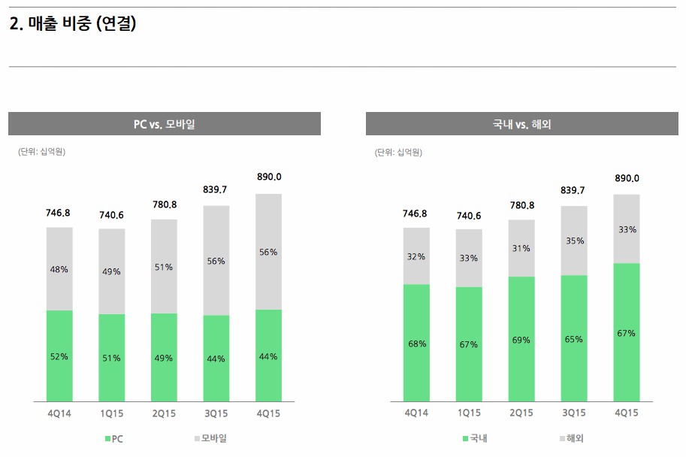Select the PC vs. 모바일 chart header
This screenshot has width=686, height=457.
(x=164, y=124)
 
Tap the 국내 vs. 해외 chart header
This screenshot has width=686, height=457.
(x=521, y=124)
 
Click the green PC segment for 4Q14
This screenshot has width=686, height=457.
(x=59, y=376)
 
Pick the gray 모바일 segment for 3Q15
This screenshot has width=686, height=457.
(x=216, y=241)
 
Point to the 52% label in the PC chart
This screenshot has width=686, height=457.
(x=59, y=356)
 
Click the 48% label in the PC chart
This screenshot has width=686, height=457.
(x=59, y=269)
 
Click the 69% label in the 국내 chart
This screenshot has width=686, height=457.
(x=521, y=340)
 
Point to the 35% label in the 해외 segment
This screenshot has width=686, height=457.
(x=574, y=242)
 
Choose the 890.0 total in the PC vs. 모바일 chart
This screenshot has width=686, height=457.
(x=268, y=177)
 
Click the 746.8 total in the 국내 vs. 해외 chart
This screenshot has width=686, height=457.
(x=415, y=213)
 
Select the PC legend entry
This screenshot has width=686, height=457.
(x=114, y=439)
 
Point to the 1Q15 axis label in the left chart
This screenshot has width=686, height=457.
(x=112, y=413)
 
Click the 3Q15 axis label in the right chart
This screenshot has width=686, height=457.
(x=574, y=413)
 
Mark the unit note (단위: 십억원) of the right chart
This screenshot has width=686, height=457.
(x=398, y=153)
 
